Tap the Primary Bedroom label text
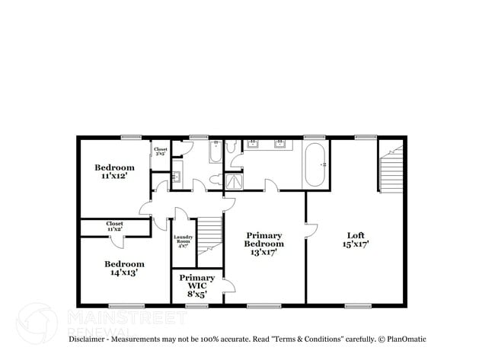point(264,244)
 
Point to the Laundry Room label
point(184,241)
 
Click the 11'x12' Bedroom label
point(114,171)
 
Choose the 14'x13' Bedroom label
point(124,268)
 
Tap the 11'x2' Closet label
point(115,226)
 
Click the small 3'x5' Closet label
point(161,151)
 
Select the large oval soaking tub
point(315,164)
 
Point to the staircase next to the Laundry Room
point(209,232)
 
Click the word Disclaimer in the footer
point(90,338)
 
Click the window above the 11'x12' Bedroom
point(131,137)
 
